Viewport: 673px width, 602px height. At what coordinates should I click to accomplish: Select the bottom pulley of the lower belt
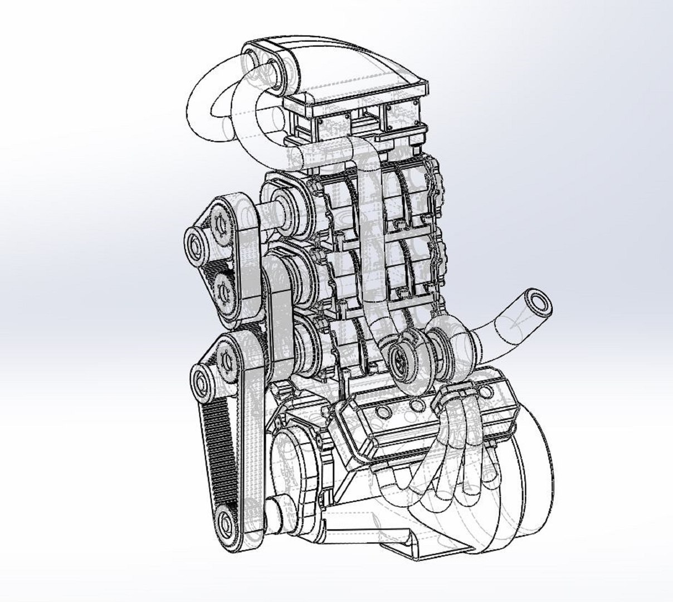[227, 523]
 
